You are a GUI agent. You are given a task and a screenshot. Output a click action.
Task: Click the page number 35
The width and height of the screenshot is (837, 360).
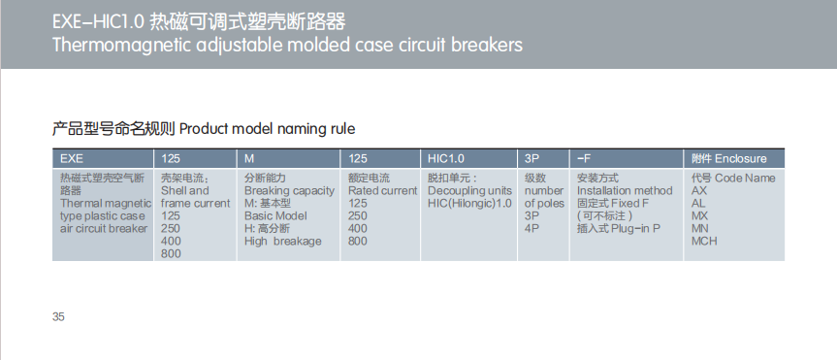[x=58, y=317]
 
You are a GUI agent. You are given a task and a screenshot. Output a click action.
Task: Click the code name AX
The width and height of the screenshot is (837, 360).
[x=699, y=191]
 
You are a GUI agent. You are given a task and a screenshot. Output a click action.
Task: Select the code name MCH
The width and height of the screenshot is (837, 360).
[x=705, y=241]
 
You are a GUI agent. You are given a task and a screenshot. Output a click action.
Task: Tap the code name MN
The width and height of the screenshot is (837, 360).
[x=700, y=228]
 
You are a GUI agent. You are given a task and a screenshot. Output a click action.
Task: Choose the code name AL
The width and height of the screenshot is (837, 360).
[x=698, y=204]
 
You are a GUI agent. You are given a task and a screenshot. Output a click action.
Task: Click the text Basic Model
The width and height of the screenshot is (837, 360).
[x=275, y=216]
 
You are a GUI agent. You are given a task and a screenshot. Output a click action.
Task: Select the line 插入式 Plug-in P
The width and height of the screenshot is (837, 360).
[x=618, y=228]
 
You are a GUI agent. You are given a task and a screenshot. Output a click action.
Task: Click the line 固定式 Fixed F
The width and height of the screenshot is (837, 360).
[x=613, y=204]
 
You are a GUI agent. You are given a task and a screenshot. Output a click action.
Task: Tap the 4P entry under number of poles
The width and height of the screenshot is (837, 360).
[x=531, y=228]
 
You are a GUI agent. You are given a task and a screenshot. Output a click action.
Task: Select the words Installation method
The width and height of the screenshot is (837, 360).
[x=624, y=191]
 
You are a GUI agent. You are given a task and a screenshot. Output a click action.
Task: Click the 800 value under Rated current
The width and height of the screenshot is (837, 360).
[x=358, y=241]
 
